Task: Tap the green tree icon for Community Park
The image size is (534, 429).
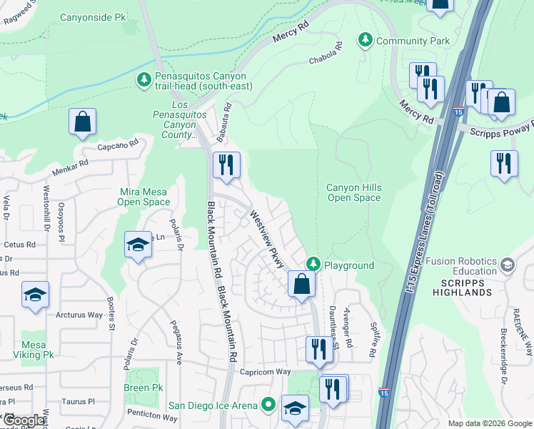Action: pyautogui.click(x=366, y=40)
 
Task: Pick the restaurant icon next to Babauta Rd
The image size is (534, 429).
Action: pyautogui.click(x=226, y=166)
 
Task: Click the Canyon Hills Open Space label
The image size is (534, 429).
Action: pyautogui.click(x=353, y=192)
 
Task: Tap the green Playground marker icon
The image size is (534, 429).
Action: pyautogui.click(x=313, y=265)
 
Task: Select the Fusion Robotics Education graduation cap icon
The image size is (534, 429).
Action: pyautogui.click(x=507, y=266)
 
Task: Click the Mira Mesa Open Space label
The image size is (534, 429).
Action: pyautogui.click(x=144, y=197)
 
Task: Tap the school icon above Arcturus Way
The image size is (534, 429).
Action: pyautogui.click(x=34, y=296)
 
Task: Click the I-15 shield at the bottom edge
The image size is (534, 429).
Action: pyautogui.click(x=385, y=414)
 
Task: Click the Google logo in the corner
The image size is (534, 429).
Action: pyautogui.click(x=24, y=420)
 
